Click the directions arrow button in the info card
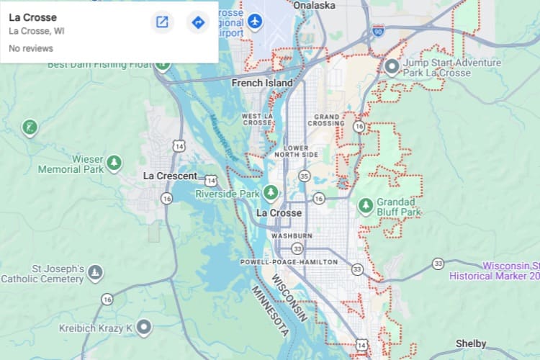point(198,22)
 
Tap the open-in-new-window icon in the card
point(162,22)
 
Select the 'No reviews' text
point(31,48)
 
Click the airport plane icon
point(255,21)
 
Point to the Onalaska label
point(315,5)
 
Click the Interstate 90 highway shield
point(379,30)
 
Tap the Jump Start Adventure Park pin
point(392,68)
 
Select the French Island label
point(262,83)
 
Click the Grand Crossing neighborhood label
point(328,120)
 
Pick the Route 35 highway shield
point(305,176)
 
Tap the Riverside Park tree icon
point(271,192)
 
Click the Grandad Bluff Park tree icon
point(366,206)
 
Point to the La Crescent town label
point(170,176)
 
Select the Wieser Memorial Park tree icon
point(114,163)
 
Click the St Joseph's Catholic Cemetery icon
point(95,273)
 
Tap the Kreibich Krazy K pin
point(145,328)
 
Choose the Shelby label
point(471,343)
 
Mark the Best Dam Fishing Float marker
point(163,65)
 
